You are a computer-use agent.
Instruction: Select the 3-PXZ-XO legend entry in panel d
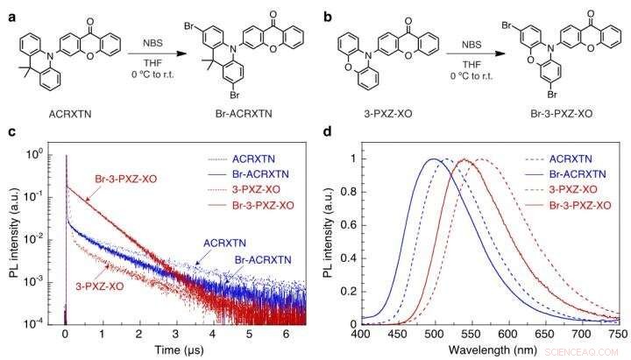click(575, 189)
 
